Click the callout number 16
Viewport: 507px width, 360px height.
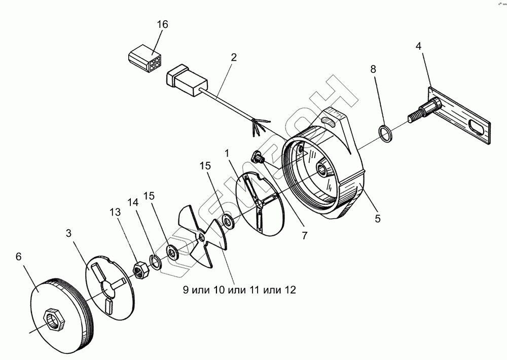point(162,24)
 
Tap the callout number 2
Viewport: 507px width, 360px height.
point(233,57)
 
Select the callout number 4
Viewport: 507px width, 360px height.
point(418,46)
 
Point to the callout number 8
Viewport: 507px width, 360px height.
point(373,69)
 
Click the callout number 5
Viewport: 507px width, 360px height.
point(377,219)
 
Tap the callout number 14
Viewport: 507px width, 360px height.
point(133,202)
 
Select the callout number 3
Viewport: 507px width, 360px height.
point(69,234)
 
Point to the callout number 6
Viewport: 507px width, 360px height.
point(19,257)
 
